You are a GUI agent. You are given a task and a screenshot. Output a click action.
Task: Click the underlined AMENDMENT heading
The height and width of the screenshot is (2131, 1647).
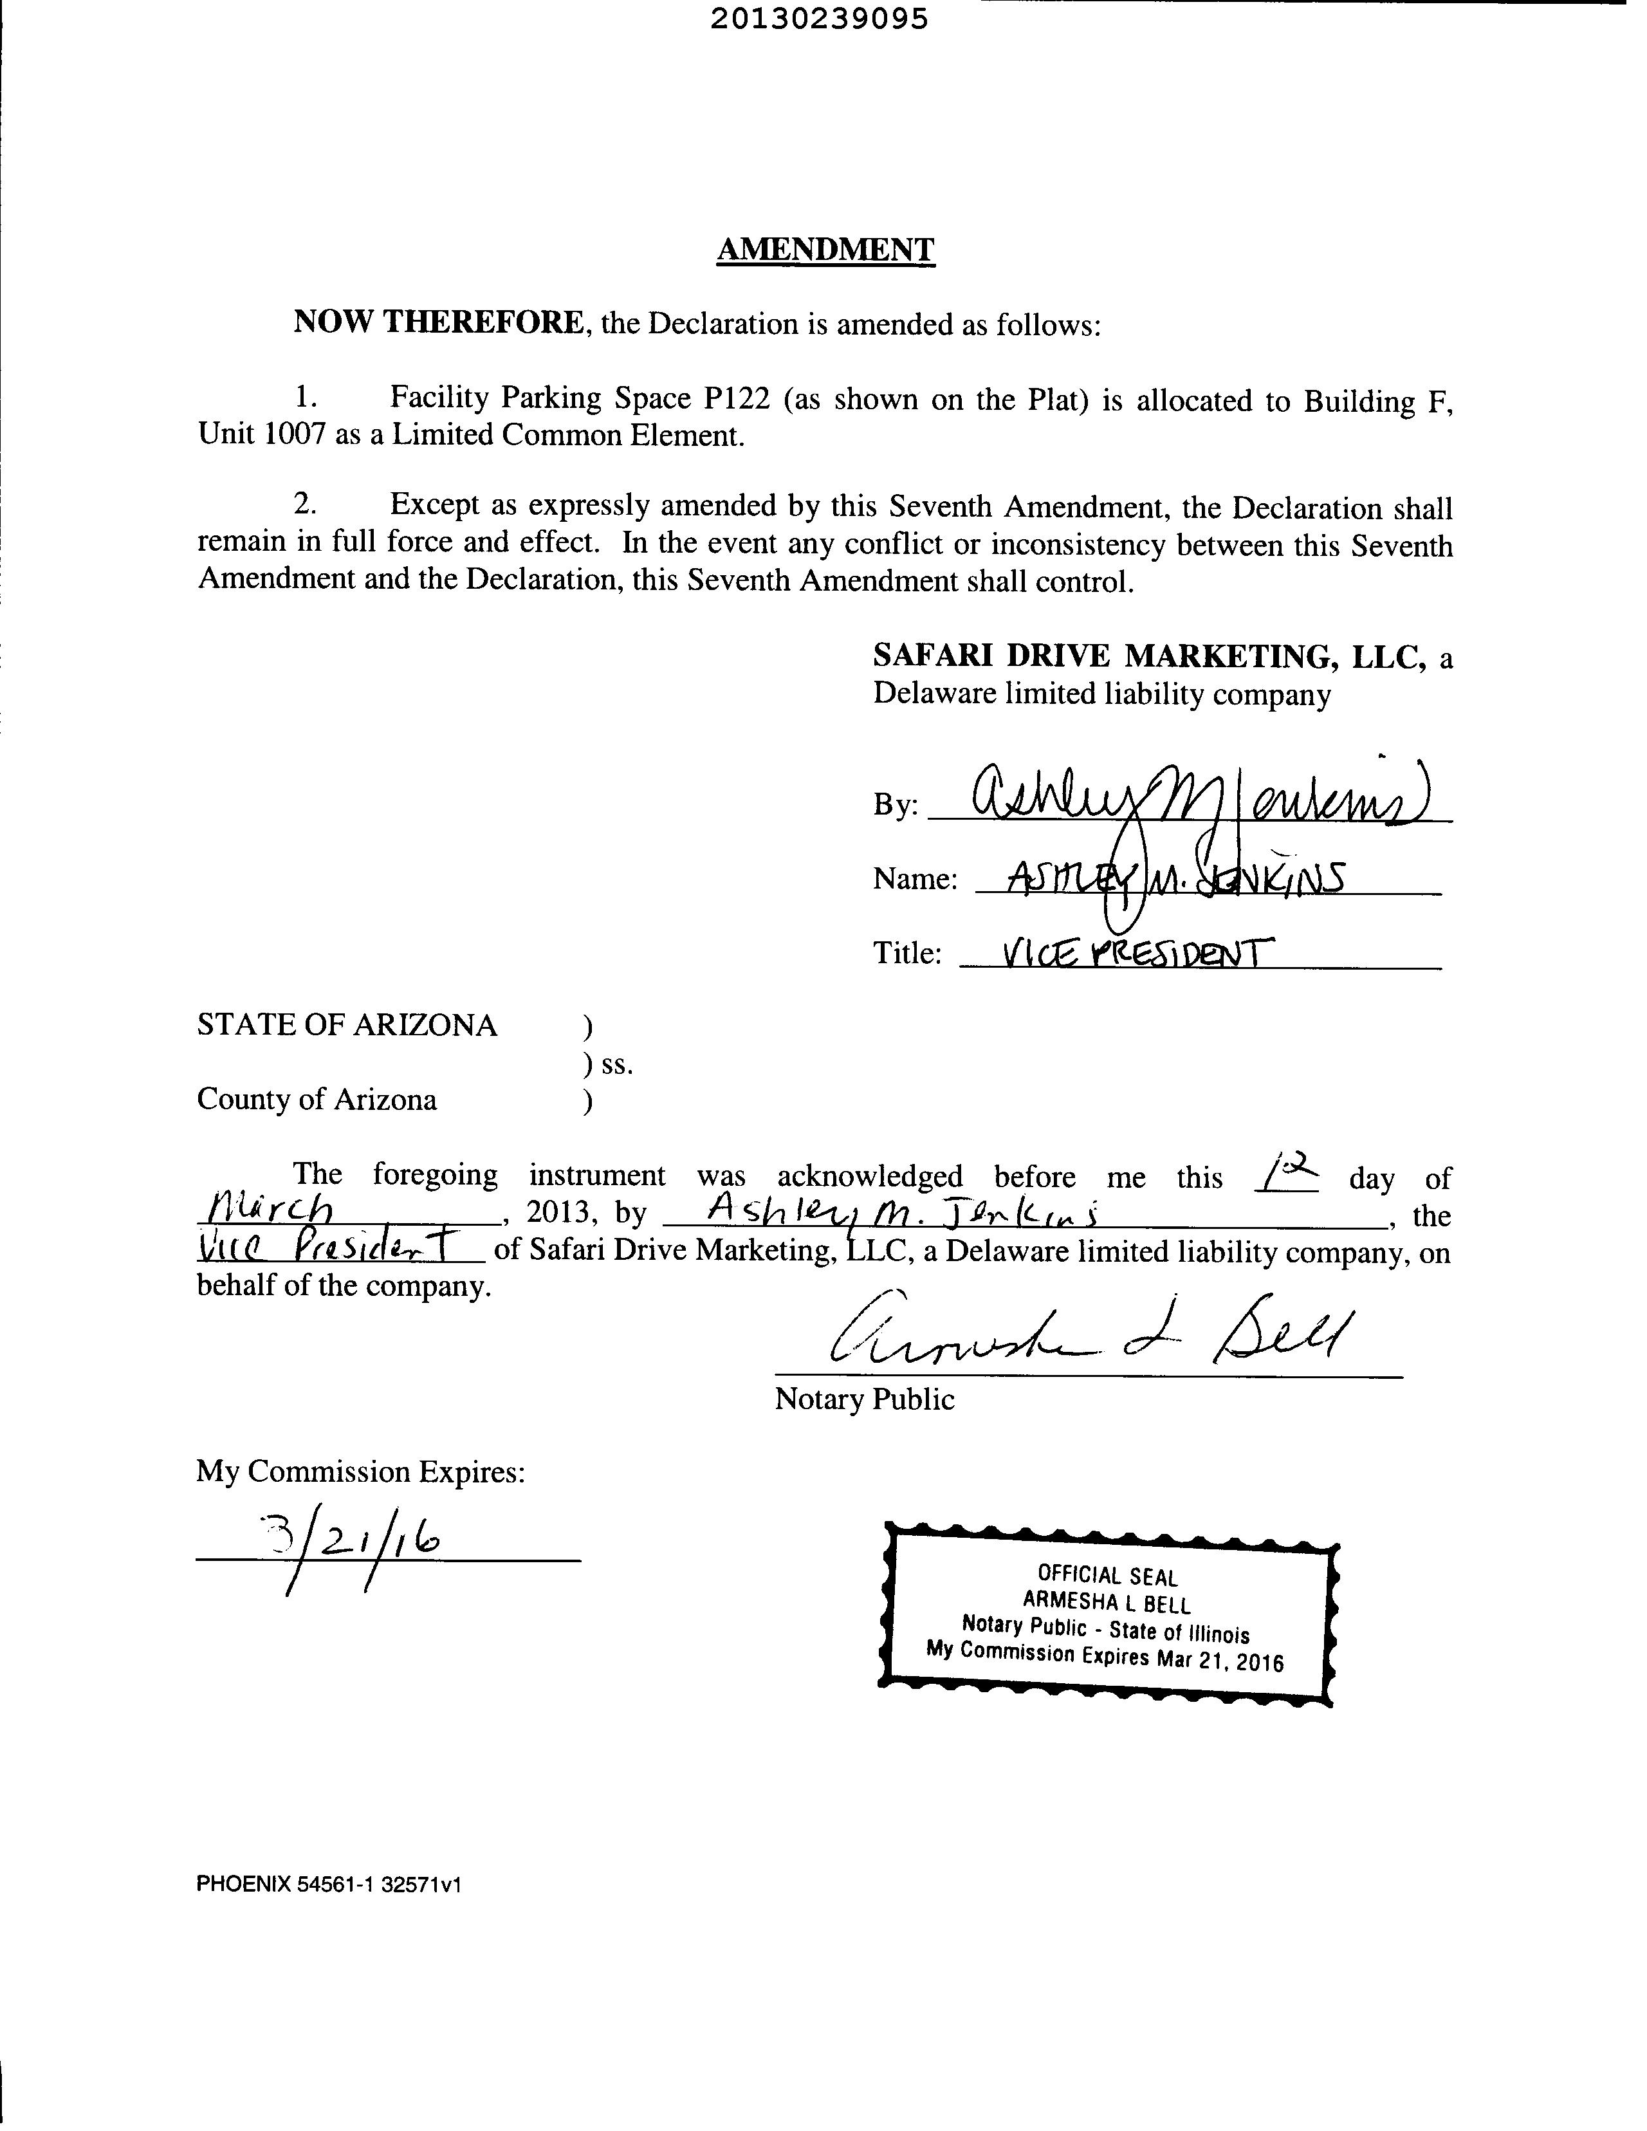(825, 250)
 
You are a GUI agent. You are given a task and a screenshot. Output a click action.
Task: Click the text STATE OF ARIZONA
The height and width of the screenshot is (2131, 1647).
(347, 1024)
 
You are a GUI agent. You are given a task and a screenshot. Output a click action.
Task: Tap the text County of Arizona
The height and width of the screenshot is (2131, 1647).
(317, 1099)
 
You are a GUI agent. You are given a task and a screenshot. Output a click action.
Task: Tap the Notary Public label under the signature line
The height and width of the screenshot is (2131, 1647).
(865, 1399)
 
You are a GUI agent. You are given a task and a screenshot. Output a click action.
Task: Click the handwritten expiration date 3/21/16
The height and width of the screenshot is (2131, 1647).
(360, 1541)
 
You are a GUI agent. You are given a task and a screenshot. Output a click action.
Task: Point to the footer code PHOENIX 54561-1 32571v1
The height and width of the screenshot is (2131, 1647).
(328, 1884)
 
